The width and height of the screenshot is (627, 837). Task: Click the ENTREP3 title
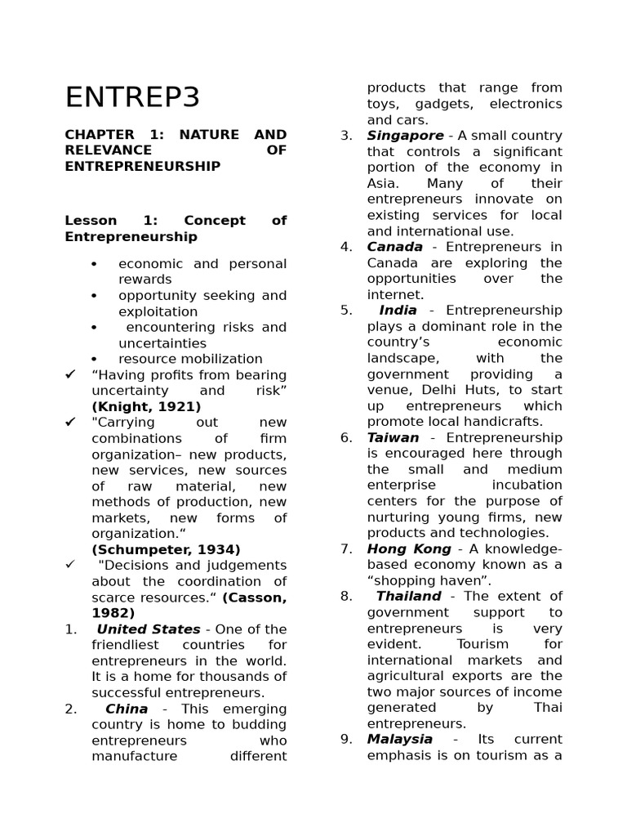pyautogui.click(x=132, y=97)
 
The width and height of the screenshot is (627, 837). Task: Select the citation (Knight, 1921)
pyautogui.click(x=146, y=406)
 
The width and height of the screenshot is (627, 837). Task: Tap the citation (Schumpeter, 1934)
pyautogui.click(x=166, y=550)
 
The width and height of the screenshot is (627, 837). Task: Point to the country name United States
pyautogui.click(x=148, y=629)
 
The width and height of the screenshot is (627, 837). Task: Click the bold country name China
pyautogui.click(x=127, y=709)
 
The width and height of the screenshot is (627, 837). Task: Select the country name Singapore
pyautogui.click(x=405, y=136)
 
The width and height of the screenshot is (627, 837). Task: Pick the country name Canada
pyautogui.click(x=395, y=247)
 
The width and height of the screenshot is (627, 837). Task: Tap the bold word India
pyautogui.click(x=398, y=311)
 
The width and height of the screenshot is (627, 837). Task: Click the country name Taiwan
pyautogui.click(x=393, y=437)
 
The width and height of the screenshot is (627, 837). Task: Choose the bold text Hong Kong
pyautogui.click(x=409, y=549)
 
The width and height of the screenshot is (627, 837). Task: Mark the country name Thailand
pyautogui.click(x=408, y=597)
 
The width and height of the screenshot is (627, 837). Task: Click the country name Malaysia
pyautogui.click(x=400, y=739)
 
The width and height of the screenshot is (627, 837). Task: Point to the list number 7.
pyautogui.click(x=346, y=549)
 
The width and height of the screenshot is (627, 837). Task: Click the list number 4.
pyautogui.click(x=346, y=247)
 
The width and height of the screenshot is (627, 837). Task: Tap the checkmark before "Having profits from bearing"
pyautogui.click(x=71, y=374)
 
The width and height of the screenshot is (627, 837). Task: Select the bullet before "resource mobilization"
pyautogui.click(x=95, y=359)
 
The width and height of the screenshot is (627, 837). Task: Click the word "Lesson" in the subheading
pyautogui.click(x=91, y=221)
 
